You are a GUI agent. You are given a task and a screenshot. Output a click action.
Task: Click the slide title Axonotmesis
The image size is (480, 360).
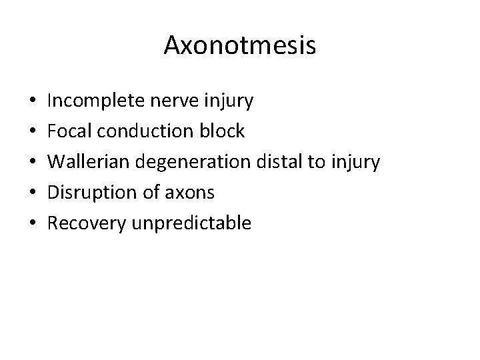[239, 46]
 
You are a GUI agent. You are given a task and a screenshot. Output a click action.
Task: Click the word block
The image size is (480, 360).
[221, 131]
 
